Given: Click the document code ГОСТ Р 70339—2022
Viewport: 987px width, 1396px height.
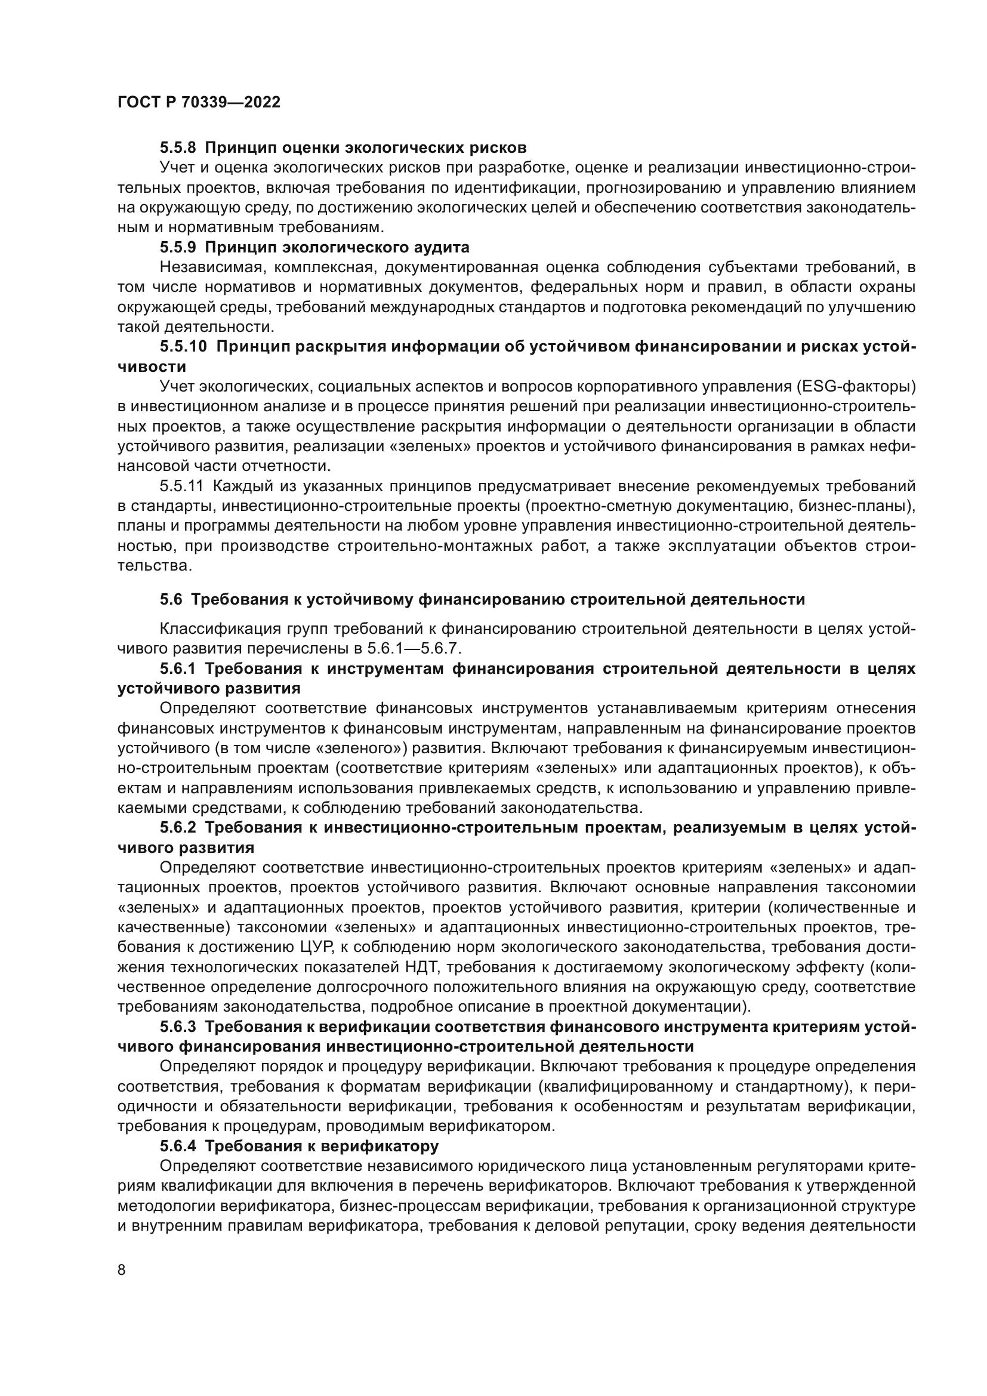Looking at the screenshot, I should click(199, 103).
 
